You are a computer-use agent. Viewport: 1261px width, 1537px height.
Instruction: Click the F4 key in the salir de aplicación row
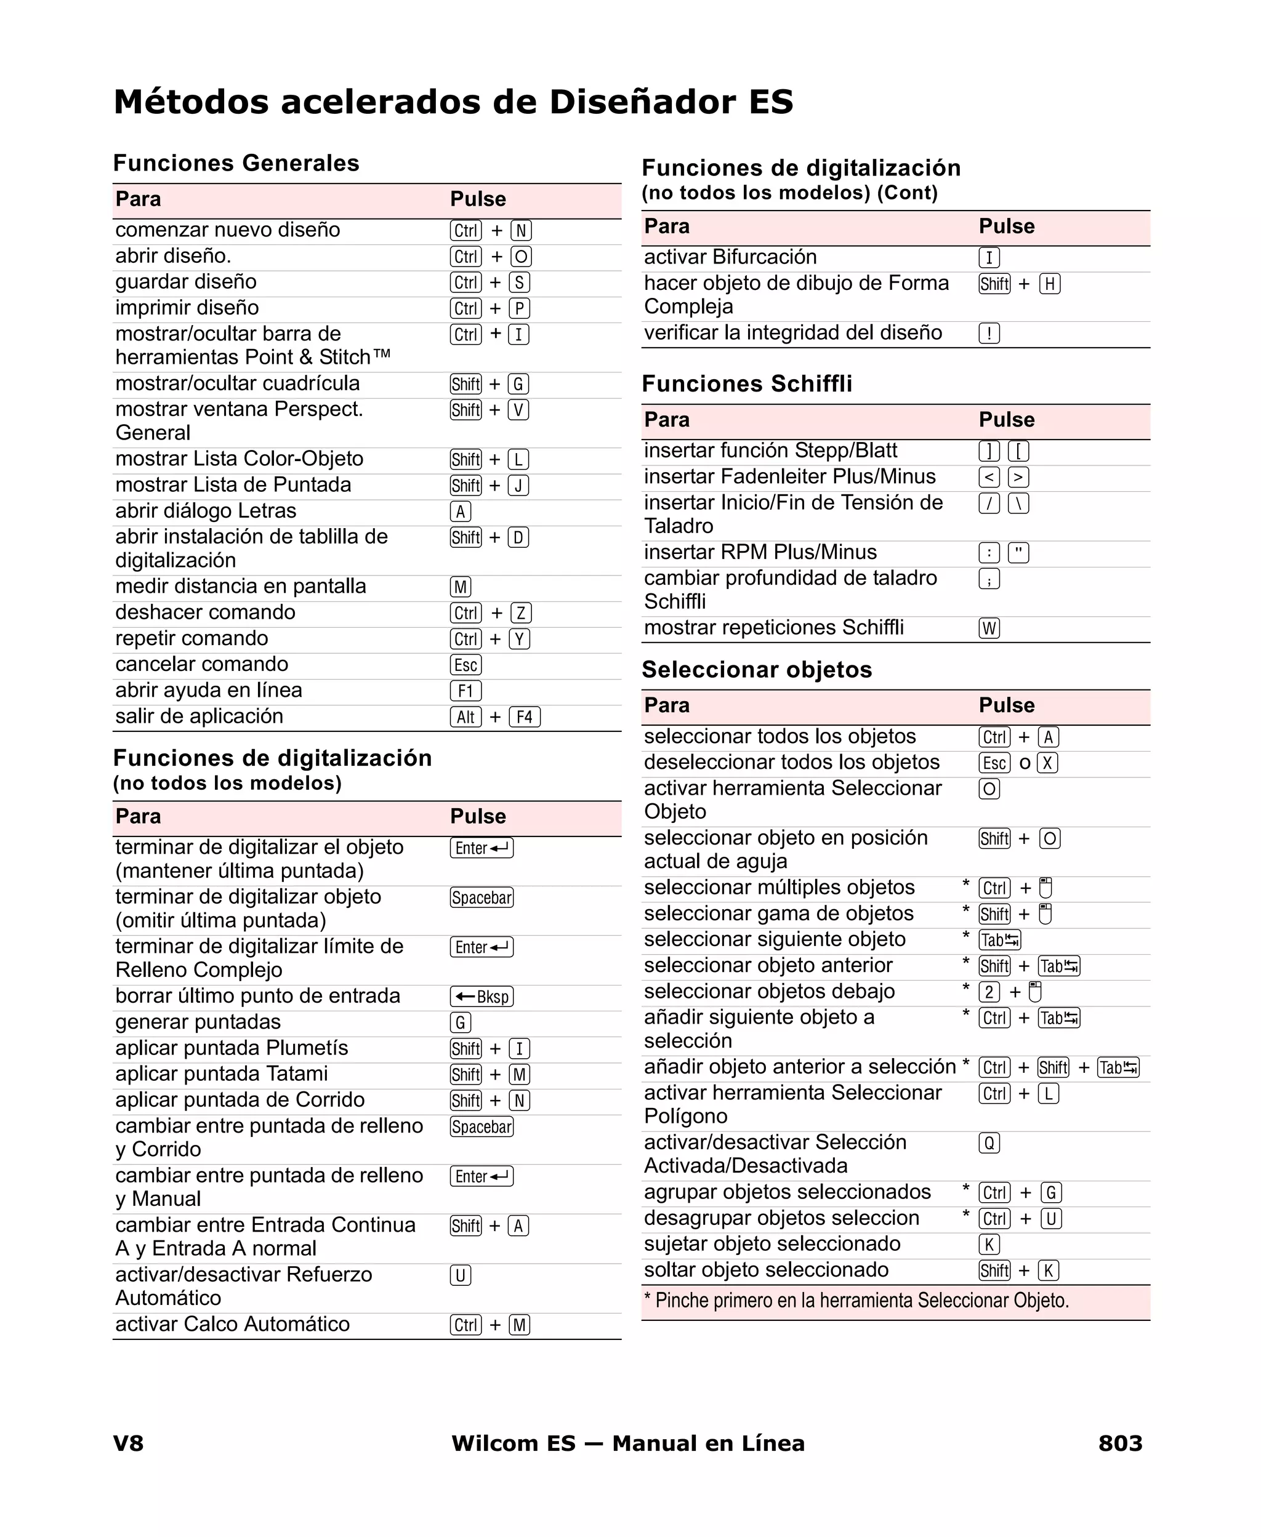[525, 717]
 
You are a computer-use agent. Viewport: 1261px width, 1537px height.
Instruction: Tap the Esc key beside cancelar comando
[465, 665]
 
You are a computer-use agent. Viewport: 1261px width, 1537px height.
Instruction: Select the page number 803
[1120, 1443]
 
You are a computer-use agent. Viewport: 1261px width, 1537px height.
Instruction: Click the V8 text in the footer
[129, 1443]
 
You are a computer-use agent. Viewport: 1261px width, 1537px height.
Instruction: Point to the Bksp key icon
[481, 997]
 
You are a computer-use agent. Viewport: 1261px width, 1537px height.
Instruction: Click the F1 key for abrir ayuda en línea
[465, 691]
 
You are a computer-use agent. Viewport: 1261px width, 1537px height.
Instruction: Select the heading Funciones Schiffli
[747, 383]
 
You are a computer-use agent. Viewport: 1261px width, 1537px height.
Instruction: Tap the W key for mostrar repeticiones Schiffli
[989, 628]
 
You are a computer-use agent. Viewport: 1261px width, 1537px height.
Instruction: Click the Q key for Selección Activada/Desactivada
[989, 1144]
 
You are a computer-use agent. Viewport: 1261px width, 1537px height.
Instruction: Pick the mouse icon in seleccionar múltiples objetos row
[1045, 888]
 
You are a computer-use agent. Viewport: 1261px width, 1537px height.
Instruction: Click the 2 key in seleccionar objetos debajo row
[989, 992]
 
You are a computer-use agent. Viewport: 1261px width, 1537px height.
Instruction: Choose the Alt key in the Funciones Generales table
[465, 717]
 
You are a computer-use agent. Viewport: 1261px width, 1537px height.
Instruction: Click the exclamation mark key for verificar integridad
[989, 333]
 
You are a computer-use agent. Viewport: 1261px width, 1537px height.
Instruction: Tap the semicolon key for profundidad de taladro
[989, 579]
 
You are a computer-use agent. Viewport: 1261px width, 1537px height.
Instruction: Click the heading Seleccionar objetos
[756, 669]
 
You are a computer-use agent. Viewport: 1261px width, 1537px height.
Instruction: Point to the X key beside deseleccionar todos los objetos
[1047, 763]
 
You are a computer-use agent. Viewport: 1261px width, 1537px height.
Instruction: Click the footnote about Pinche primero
[856, 1300]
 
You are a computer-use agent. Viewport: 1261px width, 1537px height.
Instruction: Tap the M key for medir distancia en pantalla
[461, 587]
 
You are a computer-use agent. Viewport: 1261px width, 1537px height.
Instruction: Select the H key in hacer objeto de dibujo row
[1050, 284]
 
